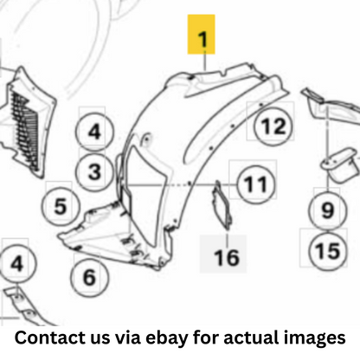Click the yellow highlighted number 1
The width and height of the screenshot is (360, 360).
point(202,35)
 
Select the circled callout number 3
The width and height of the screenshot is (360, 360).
point(94,172)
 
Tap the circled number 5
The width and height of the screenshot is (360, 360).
point(61,206)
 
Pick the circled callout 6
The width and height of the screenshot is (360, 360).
point(89,277)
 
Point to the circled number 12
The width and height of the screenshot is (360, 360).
point(273,126)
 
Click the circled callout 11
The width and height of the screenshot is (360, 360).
point(256,184)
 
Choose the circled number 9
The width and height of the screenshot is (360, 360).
point(328,209)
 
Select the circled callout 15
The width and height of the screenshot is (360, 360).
point(328,251)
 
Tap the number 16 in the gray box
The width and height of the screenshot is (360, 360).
point(227,258)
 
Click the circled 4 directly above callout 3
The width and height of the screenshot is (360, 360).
point(94,132)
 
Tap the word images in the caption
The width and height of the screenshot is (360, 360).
point(314,338)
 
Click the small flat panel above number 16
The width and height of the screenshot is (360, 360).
point(222,205)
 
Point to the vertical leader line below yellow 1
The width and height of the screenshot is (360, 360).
point(205,61)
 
